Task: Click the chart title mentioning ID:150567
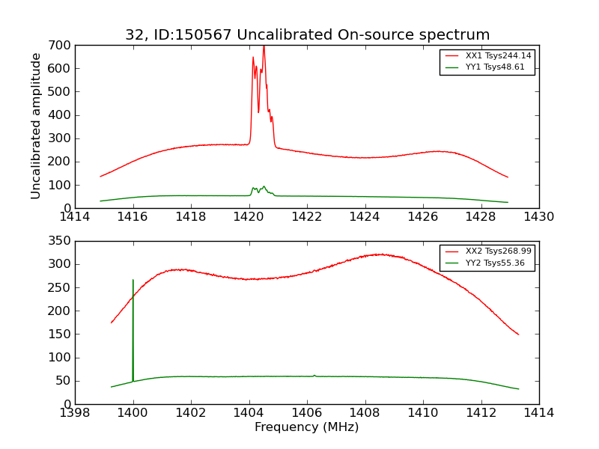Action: pos(307,35)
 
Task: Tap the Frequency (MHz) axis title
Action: pos(307,427)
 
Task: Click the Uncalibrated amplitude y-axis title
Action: pos(36,126)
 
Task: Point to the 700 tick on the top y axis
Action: pos(61,46)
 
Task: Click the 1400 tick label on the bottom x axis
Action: pos(133,413)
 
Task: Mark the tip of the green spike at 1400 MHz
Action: pos(133,280)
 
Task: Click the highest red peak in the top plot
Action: pos(264,46)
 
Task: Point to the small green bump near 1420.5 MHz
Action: pos(264,186)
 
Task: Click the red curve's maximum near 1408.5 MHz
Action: pos(380,254)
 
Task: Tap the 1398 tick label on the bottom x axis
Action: pos(76,413)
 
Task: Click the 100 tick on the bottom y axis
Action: pos(61,358)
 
